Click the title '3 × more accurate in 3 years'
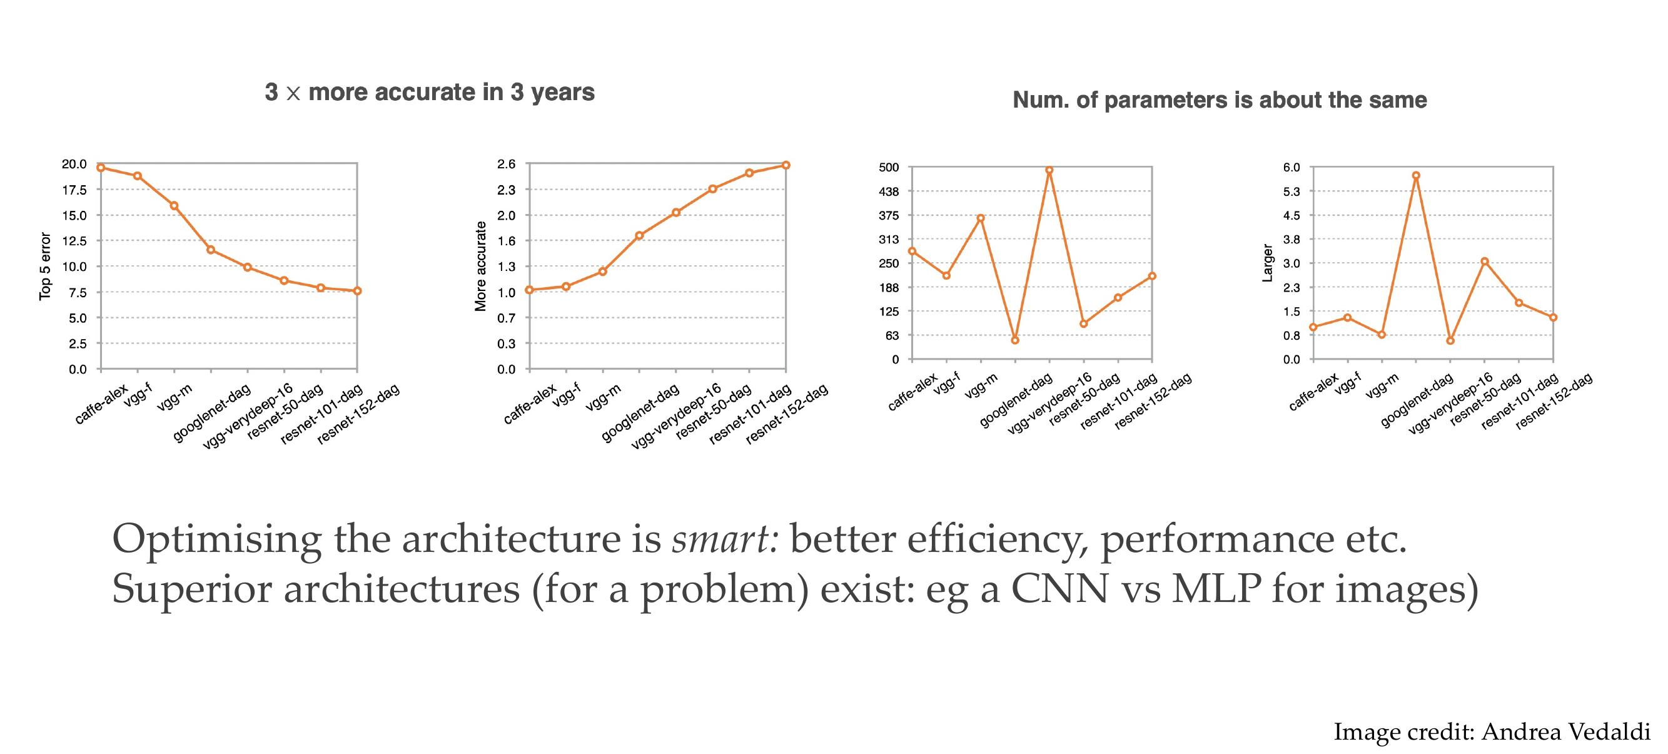click(x=429, y=93)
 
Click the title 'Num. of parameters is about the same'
click(x=1220, y=99)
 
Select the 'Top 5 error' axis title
click(x=44, y=266)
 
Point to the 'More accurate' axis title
click(x=480, y=266)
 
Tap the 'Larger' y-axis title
click(x=1267, y=263)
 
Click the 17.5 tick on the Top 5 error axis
click(x=74, y=190)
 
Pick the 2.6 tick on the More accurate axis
click(x=507, y=165)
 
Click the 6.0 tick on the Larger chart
click(x=1291, y=168)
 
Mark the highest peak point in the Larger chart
click(x=1416, y=176)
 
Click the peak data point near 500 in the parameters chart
click(x=1049, y=170)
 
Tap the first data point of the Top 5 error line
click(x=101, y=168)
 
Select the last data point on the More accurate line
click(x=786, y=165)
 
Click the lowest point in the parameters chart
click(x=1014, y=340)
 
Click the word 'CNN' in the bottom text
click(x=1059, y=589)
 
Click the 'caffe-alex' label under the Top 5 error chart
click(x=102, y=404)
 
